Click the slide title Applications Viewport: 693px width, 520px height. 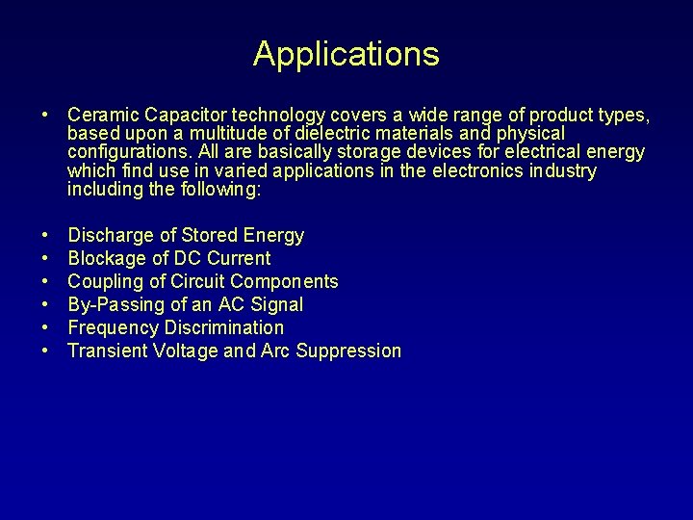tap(346, 54)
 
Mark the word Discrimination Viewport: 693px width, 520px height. tap(224, 327)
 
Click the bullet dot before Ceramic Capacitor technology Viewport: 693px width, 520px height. tap(46, 116)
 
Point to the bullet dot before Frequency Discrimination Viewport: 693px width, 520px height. tap(46, 327)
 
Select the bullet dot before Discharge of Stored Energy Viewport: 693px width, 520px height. tap(46, 235)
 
